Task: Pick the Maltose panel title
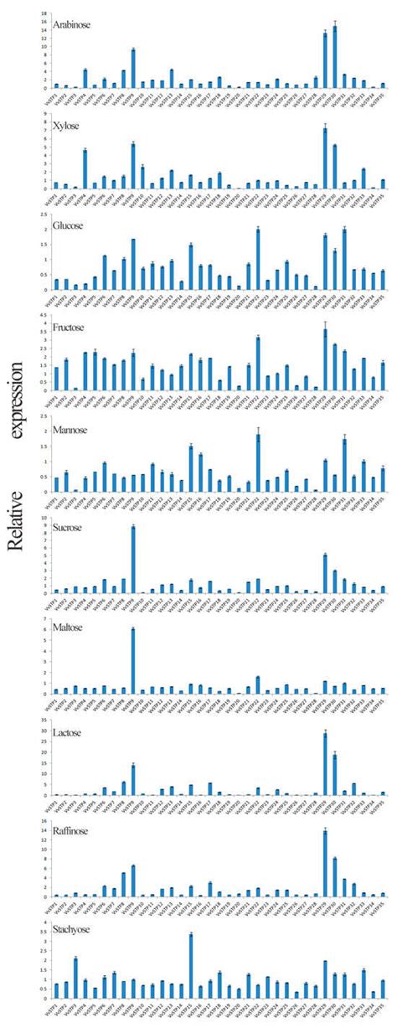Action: pos(68,625)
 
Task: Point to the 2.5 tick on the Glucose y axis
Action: pos(42,214)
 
